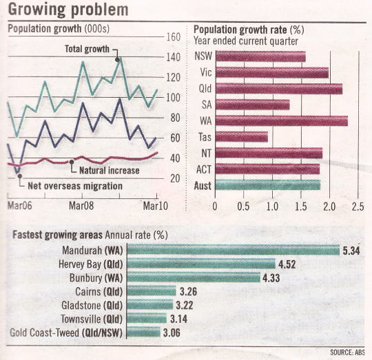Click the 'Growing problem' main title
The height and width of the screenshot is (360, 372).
(x=68, y=10)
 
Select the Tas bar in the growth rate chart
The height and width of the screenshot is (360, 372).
(x=242, y=137)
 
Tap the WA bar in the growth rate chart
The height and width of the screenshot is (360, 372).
(x=282, y=120)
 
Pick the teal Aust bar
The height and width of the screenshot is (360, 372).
(x=268, y=185)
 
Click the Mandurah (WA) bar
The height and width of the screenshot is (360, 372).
(x=234, y=251)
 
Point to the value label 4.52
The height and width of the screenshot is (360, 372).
(x=287, y=264)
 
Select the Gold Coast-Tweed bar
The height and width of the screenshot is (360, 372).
(x=143, y=332)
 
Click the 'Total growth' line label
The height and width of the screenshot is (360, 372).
(x=87, y=49)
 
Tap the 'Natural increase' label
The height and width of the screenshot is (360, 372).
(x=110, y=171)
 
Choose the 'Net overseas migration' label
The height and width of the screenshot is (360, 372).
(x=75, y=186)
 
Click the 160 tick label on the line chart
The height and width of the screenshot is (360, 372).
(x=173, y=37)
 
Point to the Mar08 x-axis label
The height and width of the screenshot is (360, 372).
(x=81, y=206)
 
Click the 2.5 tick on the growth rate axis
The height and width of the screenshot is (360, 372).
(x=358, y=207)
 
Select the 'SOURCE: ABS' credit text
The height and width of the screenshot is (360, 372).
(x=348, y=352)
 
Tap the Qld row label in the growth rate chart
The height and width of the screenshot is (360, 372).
(x=205, y=89)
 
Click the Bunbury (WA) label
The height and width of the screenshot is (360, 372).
(x=96, y=278)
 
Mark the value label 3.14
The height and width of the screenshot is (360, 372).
(x=179, y=319)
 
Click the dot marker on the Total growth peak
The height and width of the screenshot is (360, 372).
(x=117, y=59)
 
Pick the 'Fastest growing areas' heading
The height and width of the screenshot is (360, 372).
(x=58, y=235)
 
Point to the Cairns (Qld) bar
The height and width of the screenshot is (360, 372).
(x=152, y=291)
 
